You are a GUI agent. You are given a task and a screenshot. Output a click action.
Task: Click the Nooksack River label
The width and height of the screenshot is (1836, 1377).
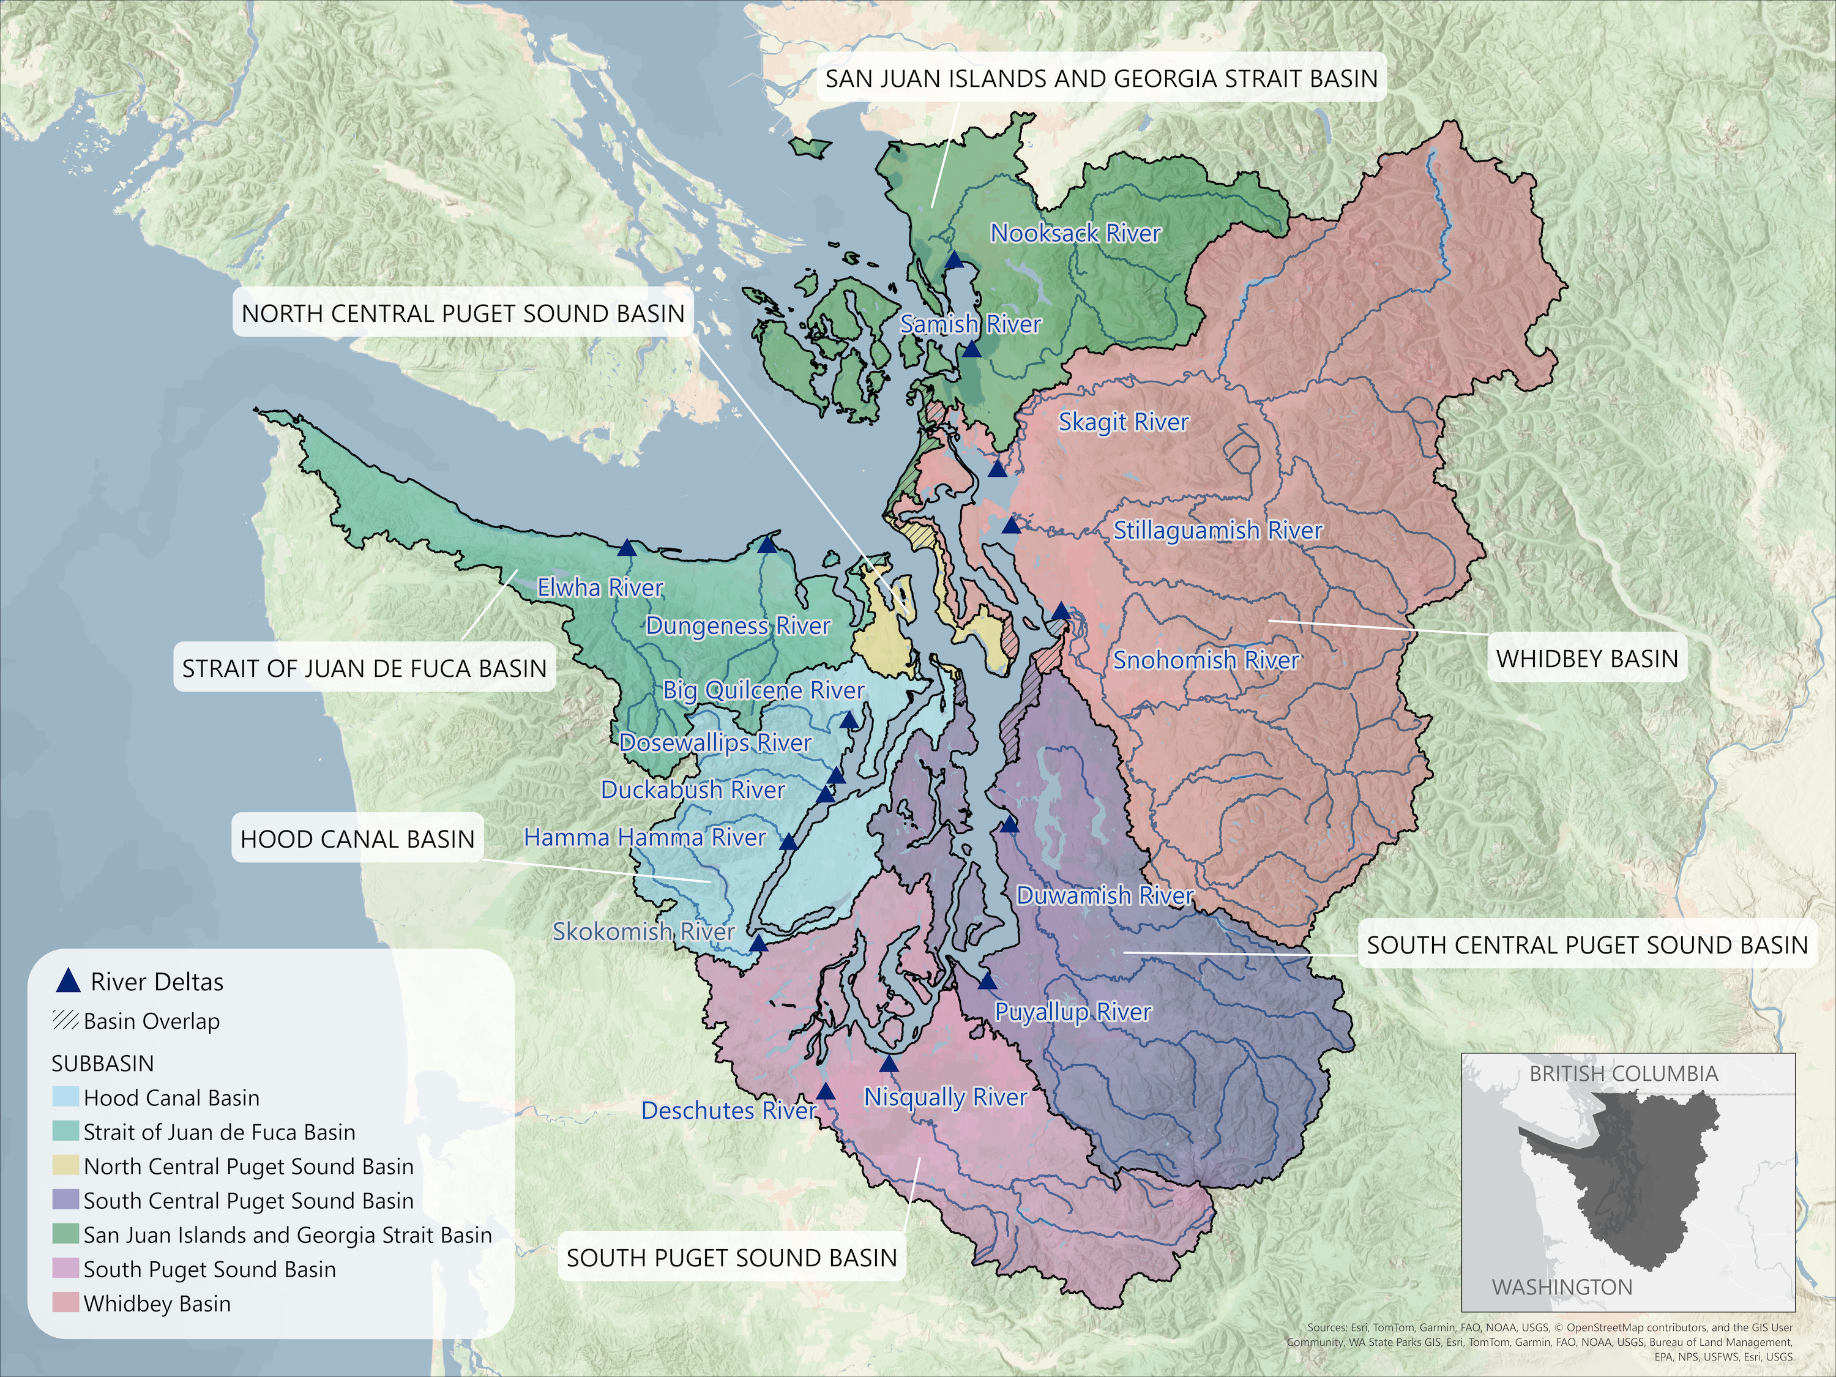pyautogui.click(x=1075, y=233)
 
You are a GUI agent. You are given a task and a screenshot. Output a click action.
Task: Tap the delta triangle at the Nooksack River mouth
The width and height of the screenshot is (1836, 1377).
pyautogui.click(x=955, y=261)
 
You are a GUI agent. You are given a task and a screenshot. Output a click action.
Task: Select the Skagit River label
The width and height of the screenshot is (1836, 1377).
pyautogui.click(x=1123, y=422)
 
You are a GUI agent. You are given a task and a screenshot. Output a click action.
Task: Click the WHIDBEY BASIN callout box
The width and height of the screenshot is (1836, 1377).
pyautogui.click(x=1586, y=658)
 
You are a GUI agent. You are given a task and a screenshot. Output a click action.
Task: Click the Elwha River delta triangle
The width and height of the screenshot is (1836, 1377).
pyautogui.click(x=627, y=548)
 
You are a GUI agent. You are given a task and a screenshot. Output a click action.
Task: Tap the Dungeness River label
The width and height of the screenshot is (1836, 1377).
pyautogui.click(x=737, y=626)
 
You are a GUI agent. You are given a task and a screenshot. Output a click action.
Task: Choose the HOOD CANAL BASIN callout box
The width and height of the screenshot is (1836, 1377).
pyautogui.click(x=357, y=838)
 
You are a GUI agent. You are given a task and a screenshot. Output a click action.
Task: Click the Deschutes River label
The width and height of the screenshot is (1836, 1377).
pyautogui.click(x=728, y=1111)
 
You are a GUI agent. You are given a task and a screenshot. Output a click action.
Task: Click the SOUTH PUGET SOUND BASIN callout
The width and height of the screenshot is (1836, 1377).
pyautogui.click(x=731, y=1258)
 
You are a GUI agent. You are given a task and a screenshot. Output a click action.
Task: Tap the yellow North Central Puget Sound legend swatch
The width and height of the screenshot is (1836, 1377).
pyautogui.click(x=66, y=1166)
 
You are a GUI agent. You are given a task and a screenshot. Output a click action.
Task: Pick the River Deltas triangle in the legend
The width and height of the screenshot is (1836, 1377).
pyautogui.click(x=67, y=981)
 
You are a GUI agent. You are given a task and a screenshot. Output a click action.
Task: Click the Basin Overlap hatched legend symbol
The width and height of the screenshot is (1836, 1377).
pyautogui.click(x=65, y=1021)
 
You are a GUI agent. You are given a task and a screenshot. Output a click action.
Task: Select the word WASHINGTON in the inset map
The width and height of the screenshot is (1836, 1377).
pyautogui.click(x=1561, y=1288)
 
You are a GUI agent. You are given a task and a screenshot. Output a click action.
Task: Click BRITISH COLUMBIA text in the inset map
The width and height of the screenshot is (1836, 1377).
pyautogui.click(x=1622, y=1073)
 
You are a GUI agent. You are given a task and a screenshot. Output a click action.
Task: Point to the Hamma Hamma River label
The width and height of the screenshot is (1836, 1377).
pyautogui.click(x=644, y=837)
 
